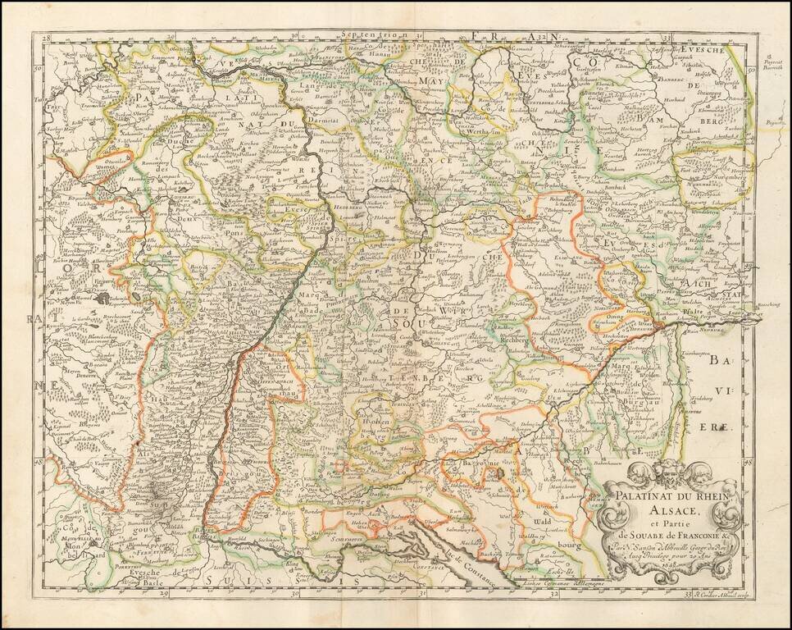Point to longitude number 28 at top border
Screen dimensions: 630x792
point(48,37)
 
